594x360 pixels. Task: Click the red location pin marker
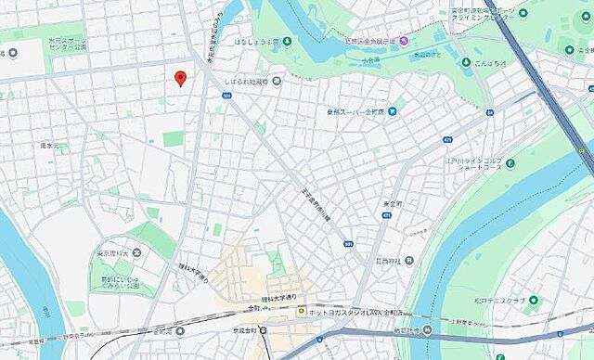[180, 78]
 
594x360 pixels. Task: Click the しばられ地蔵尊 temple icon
[276, 80]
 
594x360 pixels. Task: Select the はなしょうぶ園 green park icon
[288, 41]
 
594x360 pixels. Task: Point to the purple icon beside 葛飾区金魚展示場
[402, 42]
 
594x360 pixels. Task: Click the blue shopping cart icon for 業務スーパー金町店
[394, 112]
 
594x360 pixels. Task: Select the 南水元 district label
[49, 146]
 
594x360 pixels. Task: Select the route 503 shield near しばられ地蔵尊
[227, 95]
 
